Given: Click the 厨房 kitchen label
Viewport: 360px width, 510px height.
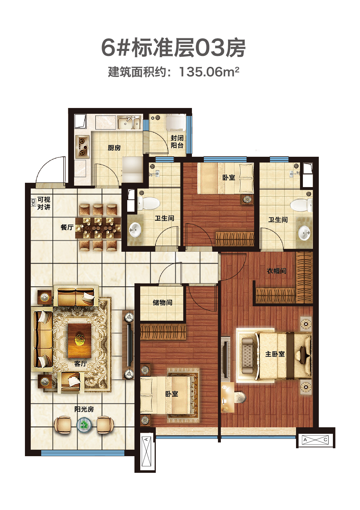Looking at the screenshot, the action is pyautogui.click(x=114, y=148).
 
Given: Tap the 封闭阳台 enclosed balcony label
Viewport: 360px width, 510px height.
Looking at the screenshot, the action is pyautogui.click(x=177, y=142).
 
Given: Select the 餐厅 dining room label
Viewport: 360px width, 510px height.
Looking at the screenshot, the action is pyautogui.click(x=67, y=227).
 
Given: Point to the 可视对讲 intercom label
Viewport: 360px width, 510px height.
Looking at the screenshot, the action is pyautogui.click(x=44, y=203).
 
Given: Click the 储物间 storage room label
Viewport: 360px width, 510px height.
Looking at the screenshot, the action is pyautogui.click(x=162, y=302).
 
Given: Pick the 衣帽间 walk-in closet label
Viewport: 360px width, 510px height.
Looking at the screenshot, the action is pyautogui.click(x=277, y=271).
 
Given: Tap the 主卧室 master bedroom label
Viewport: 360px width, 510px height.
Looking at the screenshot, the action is pyautogui.click(x=275, y=354).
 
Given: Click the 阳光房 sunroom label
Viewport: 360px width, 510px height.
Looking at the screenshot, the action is pyautogui.click(x=84, y=409).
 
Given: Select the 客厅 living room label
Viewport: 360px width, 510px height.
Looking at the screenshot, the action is pyautogui.click(x=81, y=364).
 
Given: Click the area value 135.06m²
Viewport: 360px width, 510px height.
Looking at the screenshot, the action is pyautogui.click(x=209, y=72).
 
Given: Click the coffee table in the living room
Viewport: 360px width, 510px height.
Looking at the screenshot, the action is pyautogui.click(x=80, y=341).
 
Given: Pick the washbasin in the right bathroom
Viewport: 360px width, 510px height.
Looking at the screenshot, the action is pyautogui.click(x=304, y=233).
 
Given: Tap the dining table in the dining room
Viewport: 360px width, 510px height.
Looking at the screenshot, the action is pyautogui.click(x=98, y=228).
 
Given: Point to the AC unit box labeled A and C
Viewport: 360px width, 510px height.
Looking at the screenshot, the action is pyautogui.click(x=316, y=440).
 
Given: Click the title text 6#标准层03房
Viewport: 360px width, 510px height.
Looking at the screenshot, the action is pyautogui.click(x=173, y=48).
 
